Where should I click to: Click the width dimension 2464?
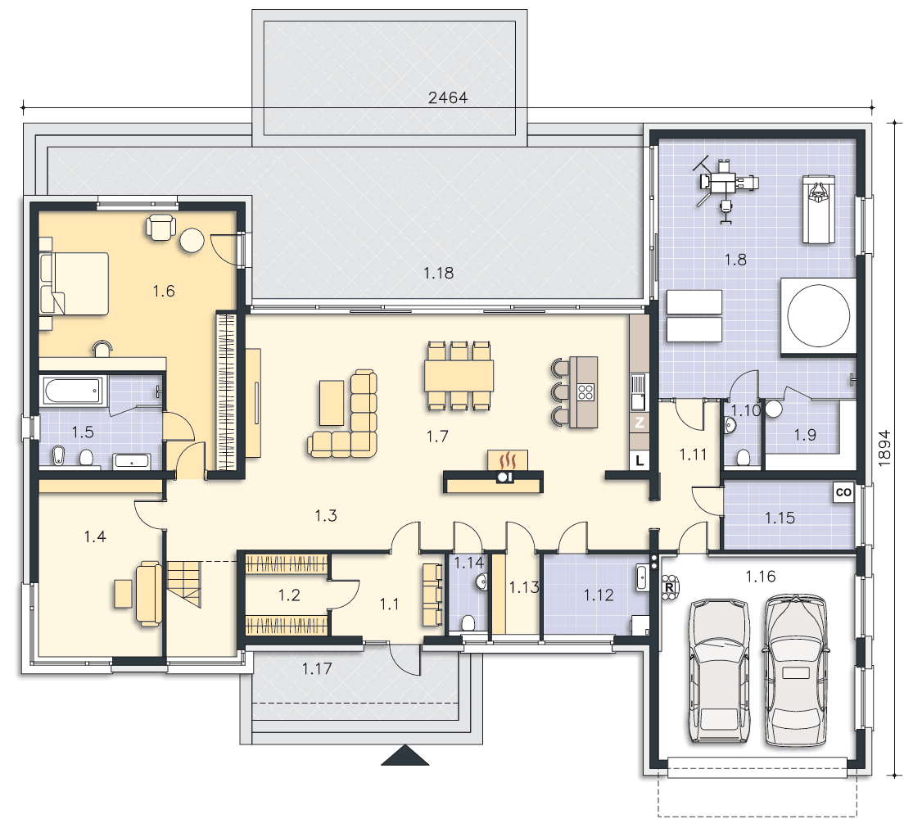447,97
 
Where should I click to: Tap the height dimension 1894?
884,447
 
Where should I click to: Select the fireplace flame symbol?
508,461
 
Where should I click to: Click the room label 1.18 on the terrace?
438,273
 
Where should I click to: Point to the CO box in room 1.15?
843,492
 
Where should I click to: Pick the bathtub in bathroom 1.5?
73,391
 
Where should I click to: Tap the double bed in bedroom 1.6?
74,283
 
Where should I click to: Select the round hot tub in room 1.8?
818,316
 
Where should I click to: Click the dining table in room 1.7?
459,375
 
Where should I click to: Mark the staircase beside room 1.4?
184,584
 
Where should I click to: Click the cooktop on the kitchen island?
585,392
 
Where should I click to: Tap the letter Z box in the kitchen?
639,423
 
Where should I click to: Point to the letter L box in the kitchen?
639,460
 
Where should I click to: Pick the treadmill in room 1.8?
818,209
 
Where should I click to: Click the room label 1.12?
599,595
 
